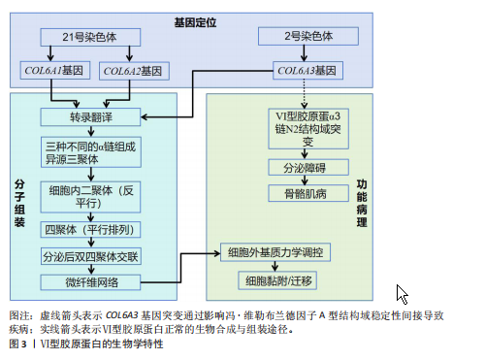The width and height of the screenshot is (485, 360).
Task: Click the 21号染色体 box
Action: (90, 37)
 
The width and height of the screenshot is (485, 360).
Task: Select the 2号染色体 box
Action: (308, 36)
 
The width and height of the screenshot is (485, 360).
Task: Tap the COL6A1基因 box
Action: (55, 70)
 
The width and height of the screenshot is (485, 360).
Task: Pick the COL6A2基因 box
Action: (134, 71)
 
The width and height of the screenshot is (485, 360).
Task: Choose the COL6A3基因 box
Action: (307, 71)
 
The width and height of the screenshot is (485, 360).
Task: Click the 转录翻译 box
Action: (90, 117)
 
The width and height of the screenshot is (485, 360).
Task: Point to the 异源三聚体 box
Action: (91, 152)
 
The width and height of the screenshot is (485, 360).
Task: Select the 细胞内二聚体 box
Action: (90, 197)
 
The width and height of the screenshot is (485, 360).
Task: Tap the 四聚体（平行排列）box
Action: (90, 230)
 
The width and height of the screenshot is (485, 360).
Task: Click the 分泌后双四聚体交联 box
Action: (91, 256)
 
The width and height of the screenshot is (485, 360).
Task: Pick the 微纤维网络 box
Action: (90, 282)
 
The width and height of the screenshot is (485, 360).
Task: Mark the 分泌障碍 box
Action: (308, 167)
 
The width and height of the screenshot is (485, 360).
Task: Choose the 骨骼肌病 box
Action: (308, 193)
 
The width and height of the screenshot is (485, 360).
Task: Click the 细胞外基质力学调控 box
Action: (275, 252)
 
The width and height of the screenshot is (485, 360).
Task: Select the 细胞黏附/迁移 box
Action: (277, 280)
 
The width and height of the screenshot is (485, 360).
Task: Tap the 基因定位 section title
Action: (195, 22)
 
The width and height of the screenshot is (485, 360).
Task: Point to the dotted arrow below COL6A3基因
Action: (304, 94)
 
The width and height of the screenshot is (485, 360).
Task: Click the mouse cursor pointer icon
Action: (402, 294)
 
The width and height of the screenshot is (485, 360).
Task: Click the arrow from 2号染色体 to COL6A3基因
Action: (304, 53)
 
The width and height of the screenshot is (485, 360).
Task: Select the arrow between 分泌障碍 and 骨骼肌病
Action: (305, 180)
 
